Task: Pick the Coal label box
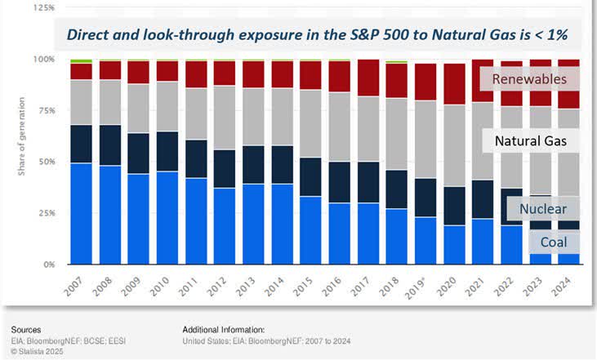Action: click(x=555, y=242)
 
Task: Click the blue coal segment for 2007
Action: click(x=81, y=214)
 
